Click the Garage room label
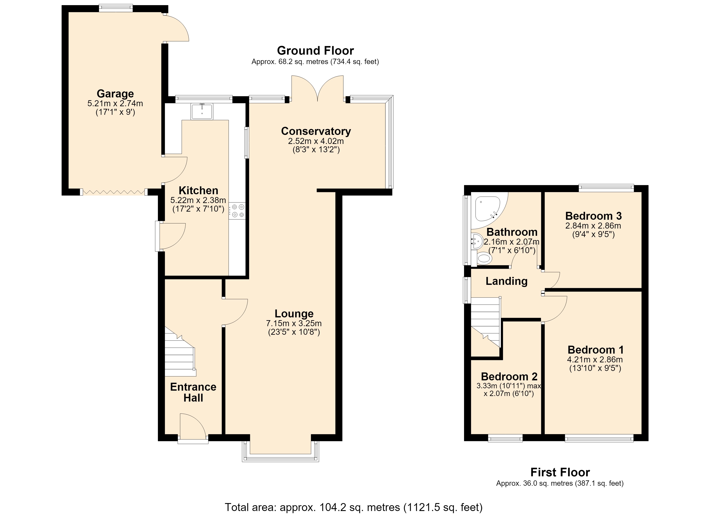click(115, 94)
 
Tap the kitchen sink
click(202, 112)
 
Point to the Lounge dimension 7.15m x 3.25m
click(294, 324)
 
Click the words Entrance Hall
click(193, 392)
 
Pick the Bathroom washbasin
click(476, 242)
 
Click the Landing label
click(506, 281)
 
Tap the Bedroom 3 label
click(593, 216)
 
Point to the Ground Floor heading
click(315, 51)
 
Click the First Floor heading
click(560, 472)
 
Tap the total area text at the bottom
click(353, 507)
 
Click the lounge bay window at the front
click(281, 451)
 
